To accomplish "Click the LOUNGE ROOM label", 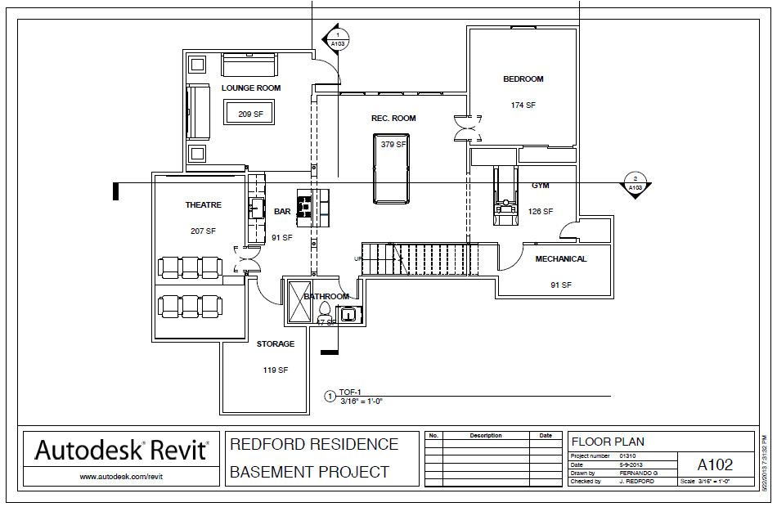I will [x=251, y=88].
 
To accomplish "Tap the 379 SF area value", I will [x=393, y=145].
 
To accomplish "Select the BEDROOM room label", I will [x=523, y=79].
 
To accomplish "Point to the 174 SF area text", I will [x=523, y=105].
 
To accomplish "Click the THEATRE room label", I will [x=203, y=205].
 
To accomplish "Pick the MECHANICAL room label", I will [x=560, y=259].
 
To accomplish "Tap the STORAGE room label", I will [x=276, y=344].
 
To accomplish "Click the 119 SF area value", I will [x=276, y=370].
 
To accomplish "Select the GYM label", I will [x=541, y=186].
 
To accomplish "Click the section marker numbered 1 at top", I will [x=336, y=38].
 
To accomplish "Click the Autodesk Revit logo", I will [x=121, y=450].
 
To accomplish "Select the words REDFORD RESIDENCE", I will [x=314, y=445].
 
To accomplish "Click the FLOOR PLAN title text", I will [x=608, y=442].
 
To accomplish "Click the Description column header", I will [x=486, y=436].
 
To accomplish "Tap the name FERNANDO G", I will [x=639, y=473].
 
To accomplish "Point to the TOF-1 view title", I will [x=350, y=393].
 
